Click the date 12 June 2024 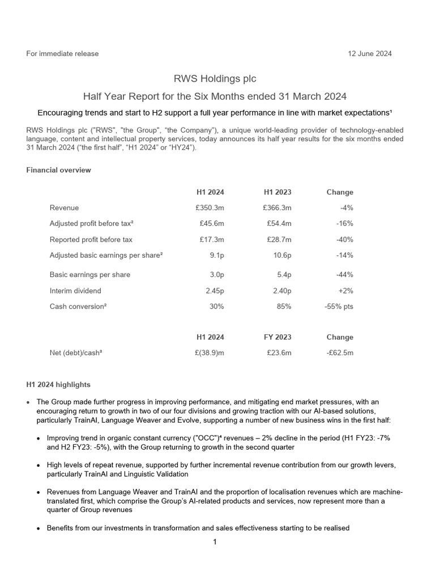[x=369, y=54]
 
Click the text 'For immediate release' [x=62, y=54]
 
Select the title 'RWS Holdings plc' [x=217, y=79]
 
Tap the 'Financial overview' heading [x=58, y=170]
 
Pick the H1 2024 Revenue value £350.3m [x=210, y=208]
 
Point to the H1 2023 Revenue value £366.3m [x=277, y=208]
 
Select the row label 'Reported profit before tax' [x=91, y=240]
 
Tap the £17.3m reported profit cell [x=212, y=240]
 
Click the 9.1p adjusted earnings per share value [x=216, y=255]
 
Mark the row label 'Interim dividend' [x=75, y=291]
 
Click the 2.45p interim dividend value [x=214, y=291]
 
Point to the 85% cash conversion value [x=284, y=306]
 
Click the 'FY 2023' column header [x=278, y=337]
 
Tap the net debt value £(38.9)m [x=208, y=353]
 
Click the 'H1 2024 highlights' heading [x=58, y=385]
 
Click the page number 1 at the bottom [x=215, y=542]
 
